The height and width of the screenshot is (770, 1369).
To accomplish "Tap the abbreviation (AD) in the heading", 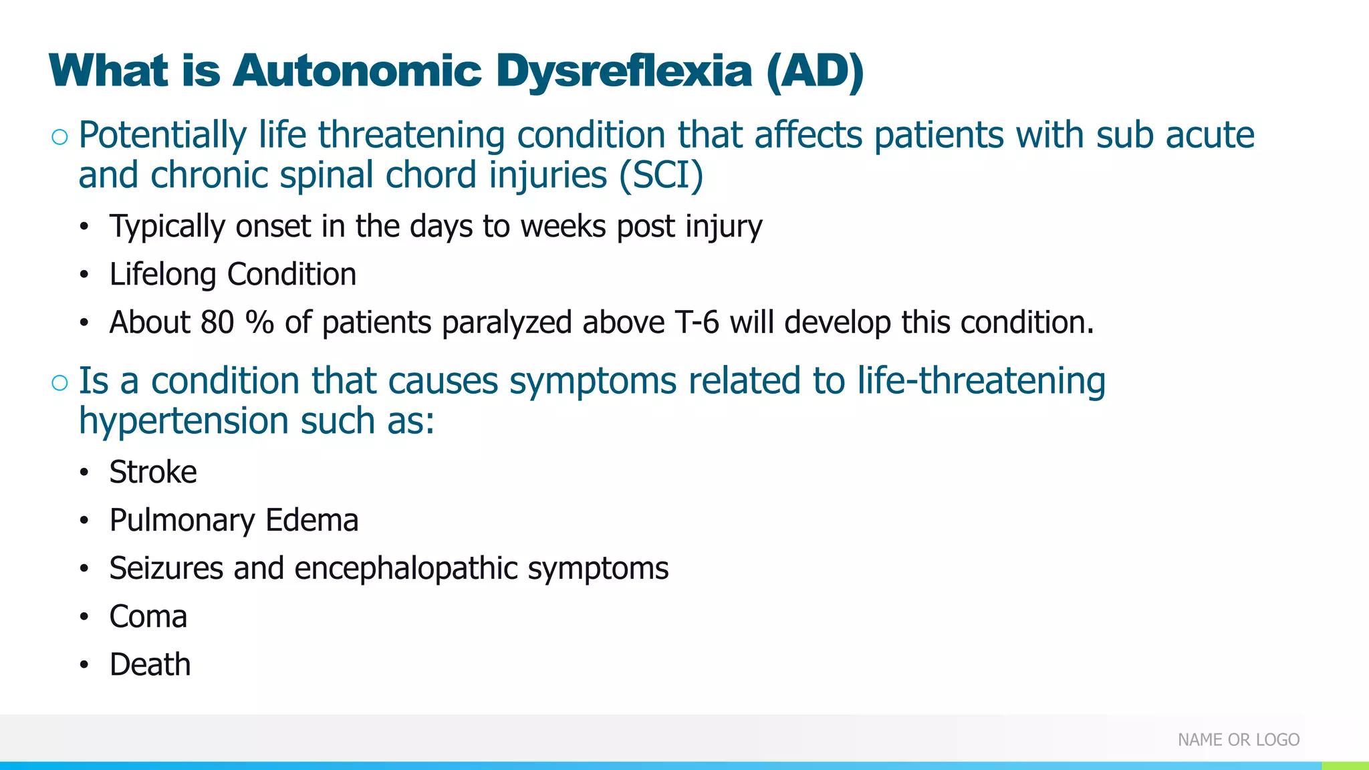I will click(815, 71).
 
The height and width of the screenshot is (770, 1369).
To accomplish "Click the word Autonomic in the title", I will click(357, 71).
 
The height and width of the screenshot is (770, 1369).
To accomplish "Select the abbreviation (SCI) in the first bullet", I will click(661, 176).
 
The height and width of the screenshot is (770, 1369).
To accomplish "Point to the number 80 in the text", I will click(217, 323).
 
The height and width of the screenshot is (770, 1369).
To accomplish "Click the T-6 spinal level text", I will click(697, 323).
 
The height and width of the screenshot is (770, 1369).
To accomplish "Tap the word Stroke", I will click(153, 473).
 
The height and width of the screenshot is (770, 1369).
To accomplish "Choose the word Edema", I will click(312, 521).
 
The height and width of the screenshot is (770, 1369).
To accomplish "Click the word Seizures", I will click(166, 569).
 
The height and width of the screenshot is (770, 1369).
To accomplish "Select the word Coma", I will click(148, 617).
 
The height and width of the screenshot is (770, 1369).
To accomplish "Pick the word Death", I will click(150, 665).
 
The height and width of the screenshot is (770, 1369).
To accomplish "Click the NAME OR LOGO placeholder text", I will click(1238, 740).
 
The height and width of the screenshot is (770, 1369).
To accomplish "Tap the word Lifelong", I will click(163, 275).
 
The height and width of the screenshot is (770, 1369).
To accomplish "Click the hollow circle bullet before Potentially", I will click(59, 137).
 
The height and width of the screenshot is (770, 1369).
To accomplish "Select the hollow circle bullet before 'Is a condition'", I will click(59, 383).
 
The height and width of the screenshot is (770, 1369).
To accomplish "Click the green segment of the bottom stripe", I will click(1345, 766).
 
